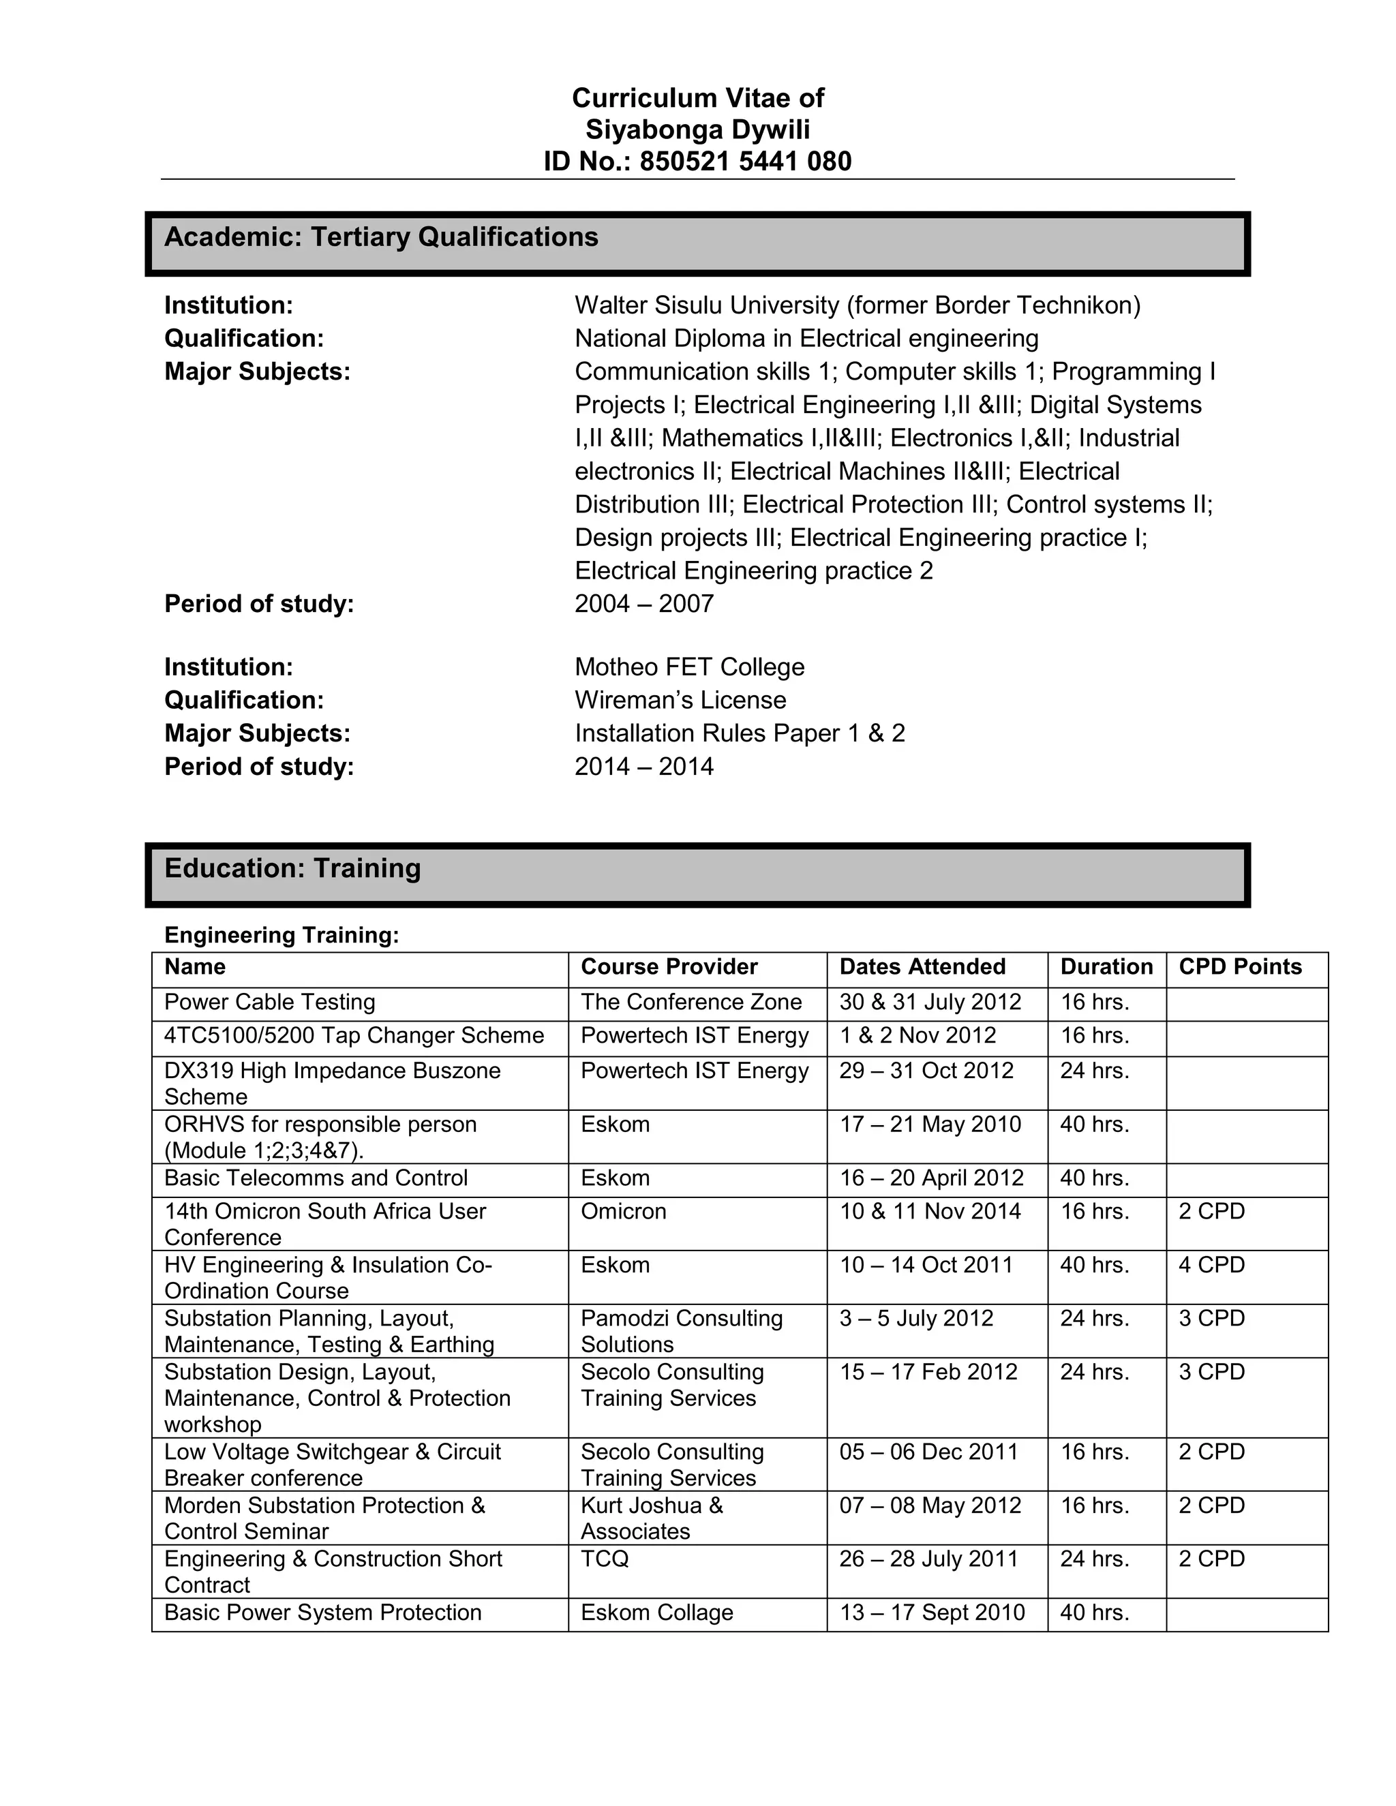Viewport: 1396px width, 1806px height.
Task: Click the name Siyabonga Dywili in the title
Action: click(x=697, y=129)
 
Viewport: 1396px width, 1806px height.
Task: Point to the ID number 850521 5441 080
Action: click(x=745, y=162)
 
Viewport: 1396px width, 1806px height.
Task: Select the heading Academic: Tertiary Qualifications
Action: click(x=381, y=237)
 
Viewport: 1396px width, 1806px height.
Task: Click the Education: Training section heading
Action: click(x=292, y=868)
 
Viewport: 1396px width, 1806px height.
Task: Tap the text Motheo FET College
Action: click(x=689, y=667)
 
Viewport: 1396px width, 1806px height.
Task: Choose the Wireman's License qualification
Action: click(x=680, y=701)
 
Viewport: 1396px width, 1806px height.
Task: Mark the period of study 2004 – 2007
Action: click(x=643, y=604)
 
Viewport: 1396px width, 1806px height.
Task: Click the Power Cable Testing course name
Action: click(x=270, y=1003)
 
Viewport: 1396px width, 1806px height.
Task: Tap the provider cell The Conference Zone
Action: click(x=691, y=1003)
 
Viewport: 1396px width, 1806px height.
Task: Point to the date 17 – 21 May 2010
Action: click(x=930, y=1124)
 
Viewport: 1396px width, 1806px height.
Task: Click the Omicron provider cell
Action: click(x=623, y=1212)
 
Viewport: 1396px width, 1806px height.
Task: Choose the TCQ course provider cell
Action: click(x=605, y=1559)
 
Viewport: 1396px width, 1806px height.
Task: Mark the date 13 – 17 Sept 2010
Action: click(x=931, y=1612)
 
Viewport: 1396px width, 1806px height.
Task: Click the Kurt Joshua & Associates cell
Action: click(x=651, y=1518)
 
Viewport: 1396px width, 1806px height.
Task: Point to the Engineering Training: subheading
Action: click(x=282, y=935)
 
